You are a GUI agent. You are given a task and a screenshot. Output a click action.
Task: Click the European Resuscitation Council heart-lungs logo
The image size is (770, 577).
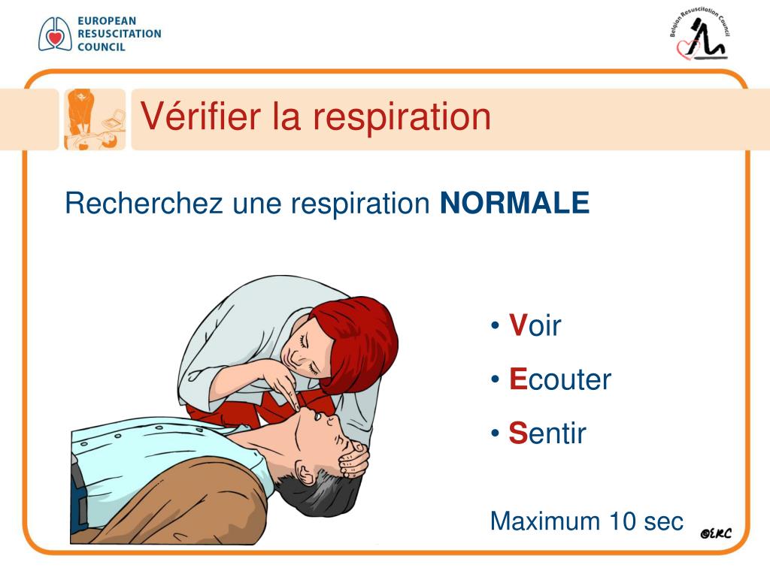coord(55,34)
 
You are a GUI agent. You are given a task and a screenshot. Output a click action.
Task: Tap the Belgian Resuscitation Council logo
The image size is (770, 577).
coord(699,38)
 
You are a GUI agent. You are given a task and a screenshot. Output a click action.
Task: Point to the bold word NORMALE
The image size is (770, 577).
coord(514,203)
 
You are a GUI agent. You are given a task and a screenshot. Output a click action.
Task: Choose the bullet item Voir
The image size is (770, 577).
coord(535,326)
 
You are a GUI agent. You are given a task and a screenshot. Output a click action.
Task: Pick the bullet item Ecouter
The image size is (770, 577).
coord(559,379)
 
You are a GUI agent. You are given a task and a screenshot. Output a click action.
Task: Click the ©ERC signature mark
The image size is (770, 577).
coord(715,533)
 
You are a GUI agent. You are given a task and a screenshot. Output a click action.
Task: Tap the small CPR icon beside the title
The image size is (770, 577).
coord(94,119)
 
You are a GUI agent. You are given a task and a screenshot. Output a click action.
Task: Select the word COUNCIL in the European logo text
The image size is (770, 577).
coord(102,47)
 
